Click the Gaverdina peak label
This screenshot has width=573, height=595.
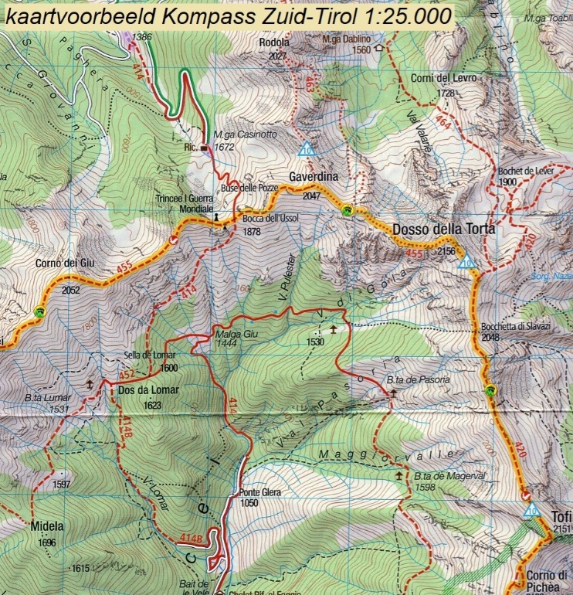coord(314,177)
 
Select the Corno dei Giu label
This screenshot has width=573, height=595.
coord(65,263)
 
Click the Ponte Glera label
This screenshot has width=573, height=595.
coord(249,491)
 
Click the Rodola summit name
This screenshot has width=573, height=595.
coord(275,42)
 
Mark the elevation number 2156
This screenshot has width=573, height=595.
coord(447,251)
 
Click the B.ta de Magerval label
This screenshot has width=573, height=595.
coord(449,476)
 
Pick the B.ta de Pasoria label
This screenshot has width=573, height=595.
coord(418,379)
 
